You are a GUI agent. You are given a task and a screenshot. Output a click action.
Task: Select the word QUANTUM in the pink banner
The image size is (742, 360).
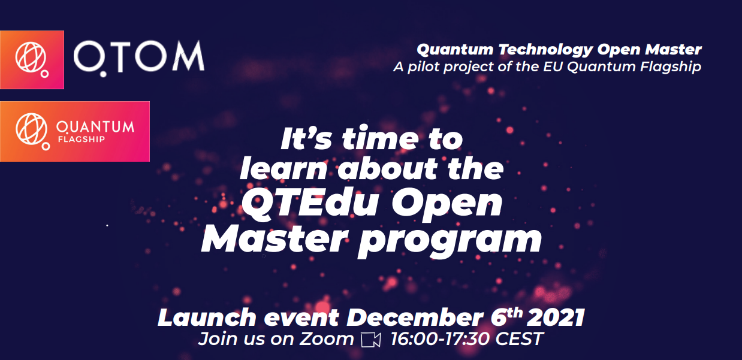(95, 127)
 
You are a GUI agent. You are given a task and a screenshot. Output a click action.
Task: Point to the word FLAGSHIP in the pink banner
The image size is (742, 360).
(82, 139)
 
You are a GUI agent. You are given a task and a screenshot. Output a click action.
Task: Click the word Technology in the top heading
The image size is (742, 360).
(545, 50)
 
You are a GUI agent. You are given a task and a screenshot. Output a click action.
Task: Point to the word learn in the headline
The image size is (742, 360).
(283, 168)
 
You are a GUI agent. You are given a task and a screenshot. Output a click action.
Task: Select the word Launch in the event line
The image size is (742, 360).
(207, 317)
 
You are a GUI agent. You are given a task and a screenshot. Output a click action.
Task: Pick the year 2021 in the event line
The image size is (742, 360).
(555, 317)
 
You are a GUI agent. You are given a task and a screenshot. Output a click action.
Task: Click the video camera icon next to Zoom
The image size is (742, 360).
(370, 340)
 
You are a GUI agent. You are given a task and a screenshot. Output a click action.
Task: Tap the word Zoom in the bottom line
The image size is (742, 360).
(327, 339)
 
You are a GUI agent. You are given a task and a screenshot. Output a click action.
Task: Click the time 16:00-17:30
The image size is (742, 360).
(441, 339)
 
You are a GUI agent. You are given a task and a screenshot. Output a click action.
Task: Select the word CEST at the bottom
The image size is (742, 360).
(518, 339)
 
